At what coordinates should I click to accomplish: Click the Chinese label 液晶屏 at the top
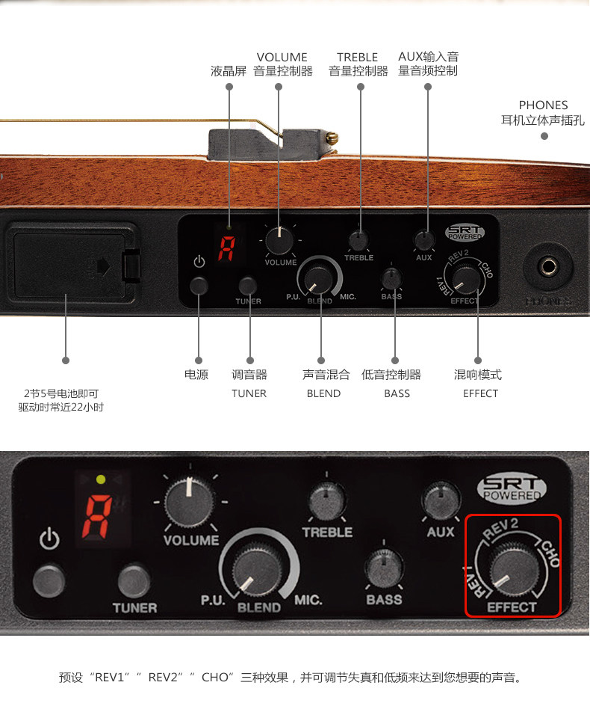pos(229,72)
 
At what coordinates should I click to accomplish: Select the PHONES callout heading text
pos(543,105)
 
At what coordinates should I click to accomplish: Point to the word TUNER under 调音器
pos(249,393)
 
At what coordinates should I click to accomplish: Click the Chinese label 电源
pos(196,375)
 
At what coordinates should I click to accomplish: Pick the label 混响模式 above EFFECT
pos(478,375)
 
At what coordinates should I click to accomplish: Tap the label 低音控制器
pos(391,375)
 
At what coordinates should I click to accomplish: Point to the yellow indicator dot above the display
pos(101,479)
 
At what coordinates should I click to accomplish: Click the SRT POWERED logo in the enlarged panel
pos(512,489)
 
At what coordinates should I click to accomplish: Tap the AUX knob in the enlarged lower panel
pos(441,501)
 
